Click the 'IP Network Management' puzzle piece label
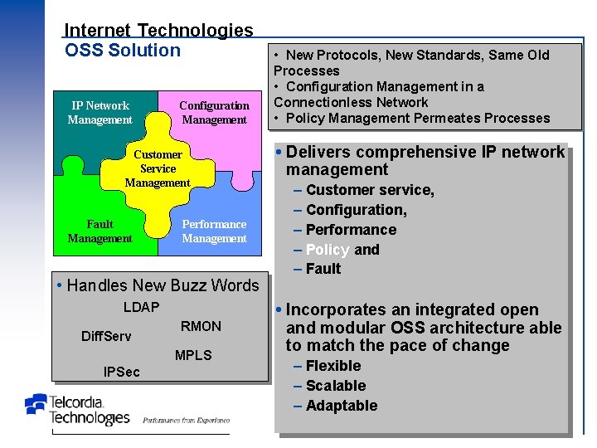pos(99,113)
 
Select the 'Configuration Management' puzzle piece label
pos(214,113)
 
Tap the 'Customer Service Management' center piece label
pos(158,168)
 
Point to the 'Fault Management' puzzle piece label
pos(99,231)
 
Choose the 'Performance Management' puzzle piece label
pos(214,231)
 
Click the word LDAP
pos(141,308)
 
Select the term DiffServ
pos(106,337)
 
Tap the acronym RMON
pos(201,327)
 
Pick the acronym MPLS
pos(193,356)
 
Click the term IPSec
pos(122,373)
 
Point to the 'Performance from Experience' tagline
pos(186,421)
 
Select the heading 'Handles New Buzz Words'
pos(163,285)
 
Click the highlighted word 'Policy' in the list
pos(328,250)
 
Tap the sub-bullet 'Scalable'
pos(335,386)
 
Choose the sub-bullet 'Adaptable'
pos(341,406)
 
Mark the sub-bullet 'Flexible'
pos(332,366)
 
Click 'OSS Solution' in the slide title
pos(122,51)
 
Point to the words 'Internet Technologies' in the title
pos(158,31)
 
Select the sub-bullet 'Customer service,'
pos(369,190)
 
